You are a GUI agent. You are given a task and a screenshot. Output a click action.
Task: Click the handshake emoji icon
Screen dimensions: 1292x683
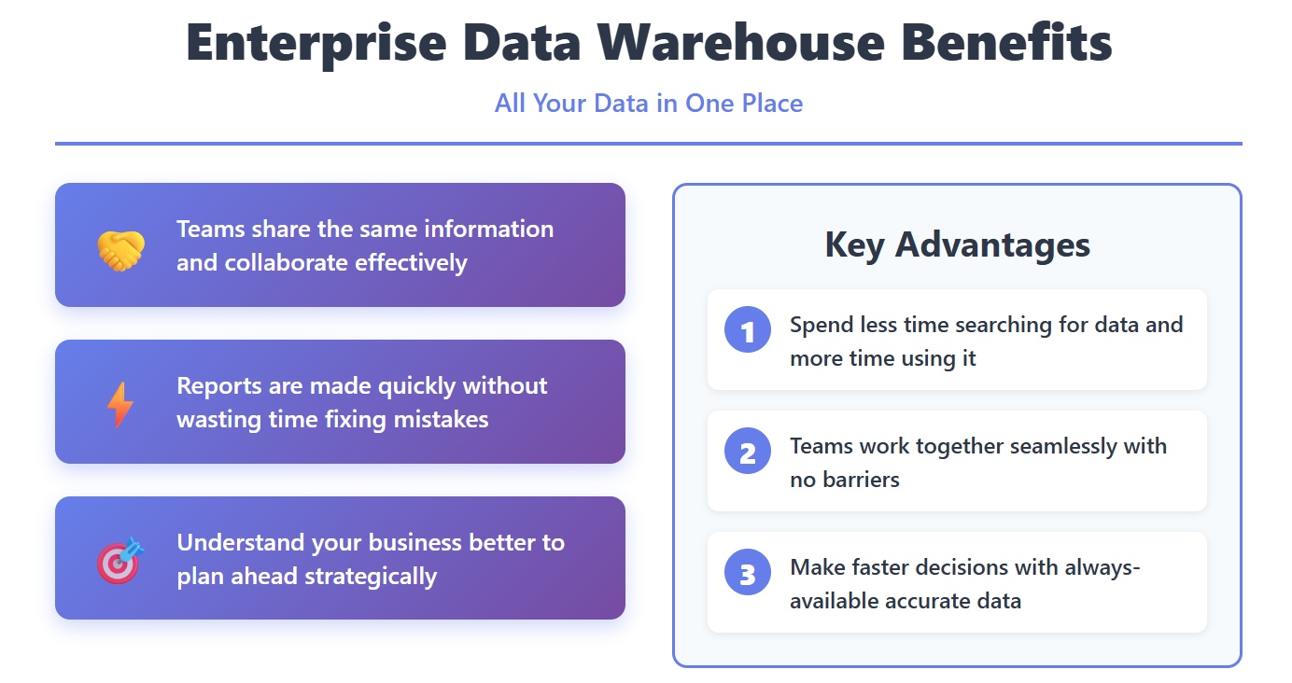click(x=120, y=250)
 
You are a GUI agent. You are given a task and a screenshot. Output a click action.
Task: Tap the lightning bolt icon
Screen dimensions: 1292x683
click(x=120, y=405)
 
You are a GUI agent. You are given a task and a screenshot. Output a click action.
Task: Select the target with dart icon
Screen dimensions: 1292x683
click(x=120, y=561)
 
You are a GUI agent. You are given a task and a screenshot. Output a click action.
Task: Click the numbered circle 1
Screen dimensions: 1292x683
click(x=748, y=329)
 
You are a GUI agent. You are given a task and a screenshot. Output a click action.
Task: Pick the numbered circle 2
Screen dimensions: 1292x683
click(x=748, y=451)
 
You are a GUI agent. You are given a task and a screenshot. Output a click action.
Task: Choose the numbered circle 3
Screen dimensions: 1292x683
click(x=748, y=572)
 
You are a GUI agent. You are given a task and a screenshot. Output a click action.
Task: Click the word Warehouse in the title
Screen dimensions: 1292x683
click(x=740, y=43)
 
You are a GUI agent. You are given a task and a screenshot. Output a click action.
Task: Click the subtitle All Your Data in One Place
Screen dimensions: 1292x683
click(x=648, y=104)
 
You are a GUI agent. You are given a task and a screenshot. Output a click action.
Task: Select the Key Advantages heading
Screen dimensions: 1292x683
click(x=958, y=244)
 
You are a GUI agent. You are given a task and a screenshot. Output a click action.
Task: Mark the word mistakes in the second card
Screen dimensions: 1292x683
click(x=441, y=419)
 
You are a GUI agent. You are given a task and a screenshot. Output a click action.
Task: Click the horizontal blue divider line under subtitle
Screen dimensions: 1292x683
click(x=648, y=144)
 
